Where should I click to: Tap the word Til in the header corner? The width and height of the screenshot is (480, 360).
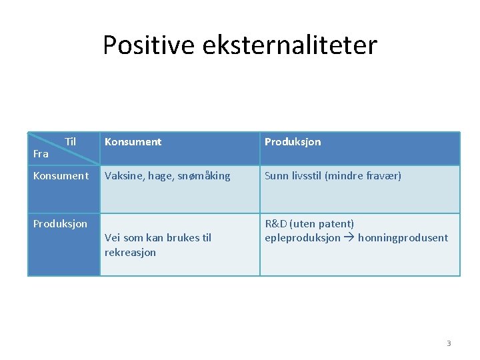pos(70,141)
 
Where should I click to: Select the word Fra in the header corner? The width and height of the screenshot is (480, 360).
pos(41,154)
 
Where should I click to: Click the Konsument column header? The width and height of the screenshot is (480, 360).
pos(133,142)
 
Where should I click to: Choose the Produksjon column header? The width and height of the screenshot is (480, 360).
pos(292,142)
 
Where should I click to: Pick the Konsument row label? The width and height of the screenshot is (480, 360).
pos(61,176)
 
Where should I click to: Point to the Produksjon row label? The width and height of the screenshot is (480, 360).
pos(60,224)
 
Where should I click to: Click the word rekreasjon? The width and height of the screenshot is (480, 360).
pos(130,253)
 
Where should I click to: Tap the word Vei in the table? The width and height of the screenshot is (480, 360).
pos(113,238)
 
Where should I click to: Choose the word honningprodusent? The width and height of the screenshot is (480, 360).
pos(404,238)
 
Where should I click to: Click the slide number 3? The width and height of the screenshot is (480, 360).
pos(449,343)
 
